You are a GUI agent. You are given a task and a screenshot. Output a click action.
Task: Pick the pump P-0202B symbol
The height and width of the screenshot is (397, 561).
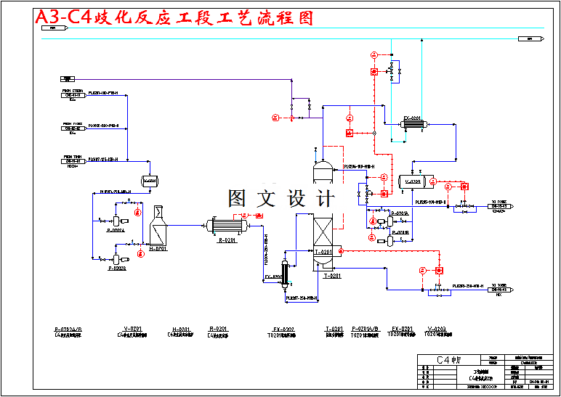tap(116, 259)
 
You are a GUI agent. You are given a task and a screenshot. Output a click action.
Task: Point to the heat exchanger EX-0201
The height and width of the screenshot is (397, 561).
tap(413, 126)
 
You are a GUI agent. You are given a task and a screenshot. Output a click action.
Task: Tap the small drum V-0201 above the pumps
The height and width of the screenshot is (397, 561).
tap(150, 181)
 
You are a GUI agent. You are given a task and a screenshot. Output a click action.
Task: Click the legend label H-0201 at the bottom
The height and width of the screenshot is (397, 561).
tap(181, 329)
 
